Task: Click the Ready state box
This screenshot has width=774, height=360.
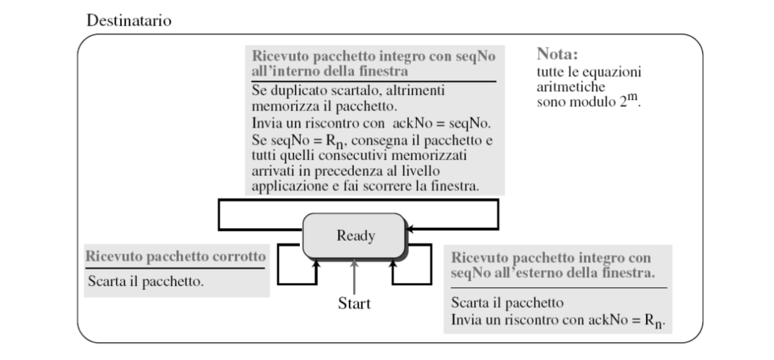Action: click(x=354, y=235)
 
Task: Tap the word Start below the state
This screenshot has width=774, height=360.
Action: click(x=354, y=303)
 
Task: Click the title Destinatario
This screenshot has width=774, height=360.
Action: click(x=129, y=21)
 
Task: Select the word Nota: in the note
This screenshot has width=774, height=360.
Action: click(x=557, y=54)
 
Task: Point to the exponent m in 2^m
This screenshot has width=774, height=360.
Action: click(x=632, y=96)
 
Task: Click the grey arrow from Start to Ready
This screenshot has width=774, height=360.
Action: click(x=354, y=277)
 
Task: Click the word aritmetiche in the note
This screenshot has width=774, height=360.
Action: click(x=571, y=87)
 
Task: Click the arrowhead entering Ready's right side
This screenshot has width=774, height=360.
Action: click(x=409, y=229)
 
